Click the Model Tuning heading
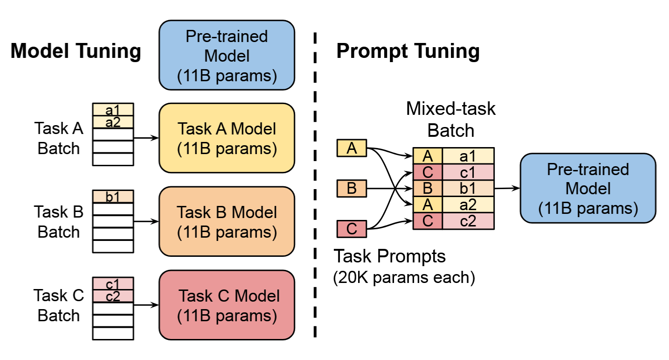coord(76,51)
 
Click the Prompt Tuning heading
coord(408,51)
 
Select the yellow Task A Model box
coord(227,138)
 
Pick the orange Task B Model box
coord(227,221)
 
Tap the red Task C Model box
coord(227,305)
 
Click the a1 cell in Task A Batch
coord(113,110)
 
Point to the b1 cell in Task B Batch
coord(113,197)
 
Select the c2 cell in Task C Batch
coord(113,296)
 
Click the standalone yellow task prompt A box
coord(352,148)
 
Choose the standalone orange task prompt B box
coord(352,188)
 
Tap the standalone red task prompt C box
coord(352,229)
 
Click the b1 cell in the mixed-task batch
coord(468,188)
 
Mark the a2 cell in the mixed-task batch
coord(468,205)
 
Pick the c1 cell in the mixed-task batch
coord(468,172)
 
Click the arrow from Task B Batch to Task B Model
coord(146,221)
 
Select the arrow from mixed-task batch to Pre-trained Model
coord(507,188)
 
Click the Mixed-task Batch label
coord(451,119)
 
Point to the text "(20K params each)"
coord(404,277)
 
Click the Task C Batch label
coord(58,305)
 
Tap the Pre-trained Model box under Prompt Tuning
coord(588,188)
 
